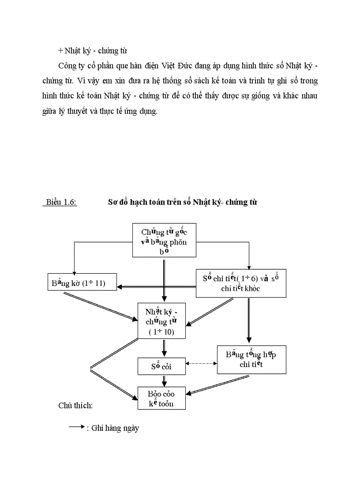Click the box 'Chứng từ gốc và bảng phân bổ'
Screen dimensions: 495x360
tap(164, 240)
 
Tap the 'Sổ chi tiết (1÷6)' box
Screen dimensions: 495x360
tap(240, 283)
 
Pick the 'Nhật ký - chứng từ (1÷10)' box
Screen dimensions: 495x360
tap(161, 320)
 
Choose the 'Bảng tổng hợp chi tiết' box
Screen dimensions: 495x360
tap(251, 359)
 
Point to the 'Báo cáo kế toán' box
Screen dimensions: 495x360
tap(161, 398)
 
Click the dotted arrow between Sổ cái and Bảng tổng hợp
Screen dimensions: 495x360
tap(202, 364)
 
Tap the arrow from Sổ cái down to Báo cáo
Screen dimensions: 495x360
tap(164, 380)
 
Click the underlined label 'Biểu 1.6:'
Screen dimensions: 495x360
tap(61, 202)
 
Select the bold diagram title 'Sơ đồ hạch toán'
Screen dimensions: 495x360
tap(183, 202)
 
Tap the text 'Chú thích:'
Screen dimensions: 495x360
tap(75, 405)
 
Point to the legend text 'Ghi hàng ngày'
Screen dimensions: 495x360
tap(115, 428)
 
